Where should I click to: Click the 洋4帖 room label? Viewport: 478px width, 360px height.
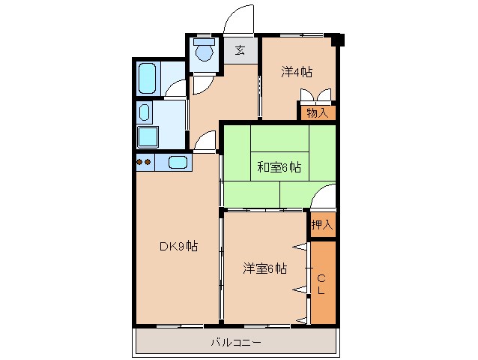[x=297, y=73]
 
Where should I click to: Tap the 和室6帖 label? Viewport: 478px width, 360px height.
[x=279, y=167]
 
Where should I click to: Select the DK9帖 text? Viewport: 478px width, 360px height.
[x=178, y=246]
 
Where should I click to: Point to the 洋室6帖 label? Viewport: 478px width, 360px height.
[x=264, y=268]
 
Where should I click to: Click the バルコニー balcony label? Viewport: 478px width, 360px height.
[x=235, y=342]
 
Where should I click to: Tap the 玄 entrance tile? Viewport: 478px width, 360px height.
[x=240, y=51]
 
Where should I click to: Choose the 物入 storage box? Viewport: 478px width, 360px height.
[x=318, y=112]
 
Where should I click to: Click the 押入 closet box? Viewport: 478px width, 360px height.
[x=322, y=224]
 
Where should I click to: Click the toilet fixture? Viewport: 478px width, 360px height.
[x=203, y=51]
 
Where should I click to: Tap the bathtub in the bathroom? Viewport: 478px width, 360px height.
[x=148, y=77]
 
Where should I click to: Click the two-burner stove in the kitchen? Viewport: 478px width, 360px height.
[x=144, y=162]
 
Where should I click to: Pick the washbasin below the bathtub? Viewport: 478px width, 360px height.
[x=145, y=113]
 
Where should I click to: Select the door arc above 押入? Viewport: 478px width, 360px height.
[x=323, y=198]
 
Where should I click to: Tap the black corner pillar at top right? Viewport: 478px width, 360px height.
[x=339, y=39]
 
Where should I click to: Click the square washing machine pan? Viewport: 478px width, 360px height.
[x=147, y=138]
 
